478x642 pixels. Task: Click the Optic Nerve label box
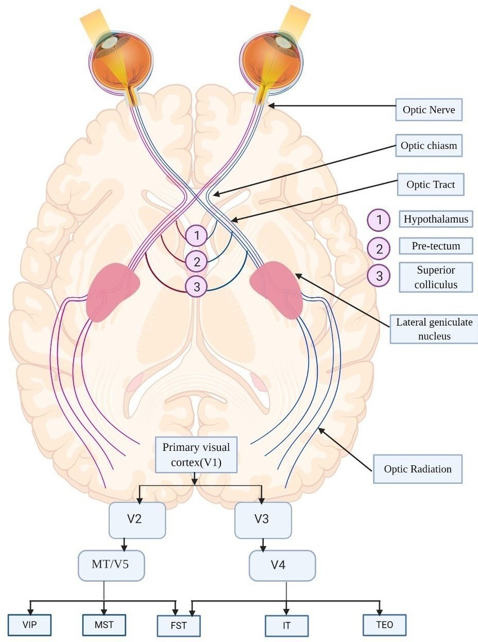click(x=429, y=110)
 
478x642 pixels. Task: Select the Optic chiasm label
click(x=429, y=146)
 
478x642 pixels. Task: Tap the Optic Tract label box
click(x=430, y=184)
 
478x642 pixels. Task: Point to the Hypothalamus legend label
click(x=436, y=219)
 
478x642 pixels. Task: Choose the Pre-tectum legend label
click(x=436, y=246)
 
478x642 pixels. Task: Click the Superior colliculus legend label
click(x=436, y=277)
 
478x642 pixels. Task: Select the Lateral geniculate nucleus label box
click(x=434, y=329)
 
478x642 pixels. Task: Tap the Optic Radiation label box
click(x=417, y=469)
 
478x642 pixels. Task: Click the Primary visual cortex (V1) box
click(x=196, y=455)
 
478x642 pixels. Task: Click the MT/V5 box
click(x=111, y=564)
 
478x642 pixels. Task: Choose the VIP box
click(x=29, y=624)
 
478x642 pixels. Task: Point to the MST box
click(x=103, y=624)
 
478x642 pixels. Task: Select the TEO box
click(x=385, y=624)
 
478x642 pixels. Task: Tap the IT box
click(x=287, y=625)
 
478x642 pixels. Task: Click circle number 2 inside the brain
click(x=196, y=261)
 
